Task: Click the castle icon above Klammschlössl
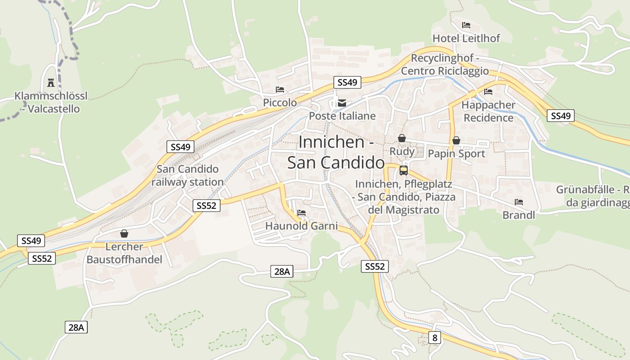pos(50,83)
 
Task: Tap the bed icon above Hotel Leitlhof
pos(466,25)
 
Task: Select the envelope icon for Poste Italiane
pos(342,103)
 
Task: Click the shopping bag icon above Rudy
pos(402,138)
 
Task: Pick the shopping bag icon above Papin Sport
pos(456,140)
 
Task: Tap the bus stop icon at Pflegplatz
pos(404,171)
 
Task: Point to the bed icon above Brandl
pos(519,202)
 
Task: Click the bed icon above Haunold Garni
pos(301,213)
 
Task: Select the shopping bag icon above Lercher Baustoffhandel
pos(124,234)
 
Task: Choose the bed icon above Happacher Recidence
pos(488,92)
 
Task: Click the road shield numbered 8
pos(434,337)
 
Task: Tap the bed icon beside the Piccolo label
pos(280,90)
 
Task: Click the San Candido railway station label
pos(188,175)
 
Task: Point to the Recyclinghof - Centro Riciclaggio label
pos(445,65)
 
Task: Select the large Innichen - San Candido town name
pos(336,152)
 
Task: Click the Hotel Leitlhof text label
pos(466,38)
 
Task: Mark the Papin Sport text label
pos(456,154)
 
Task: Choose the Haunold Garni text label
pos(301,226)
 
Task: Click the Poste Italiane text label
pos(342,116)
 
